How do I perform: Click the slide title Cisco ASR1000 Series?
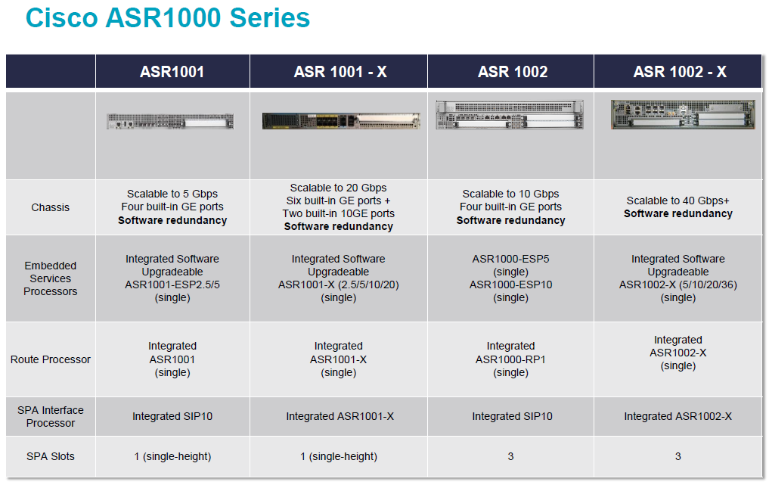pyautogui.click(x=168, y=18)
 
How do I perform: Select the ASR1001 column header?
pyautogui.click(x=172, y=72)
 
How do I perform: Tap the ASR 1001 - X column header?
pyautogui.click(x=340, y=72)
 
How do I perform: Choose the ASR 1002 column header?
pyautogui.click(x=513, y=72)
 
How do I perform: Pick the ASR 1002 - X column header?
pyautogui.click(x=680, y=72)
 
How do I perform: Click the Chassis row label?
pyautogui.click(x=51, y=207)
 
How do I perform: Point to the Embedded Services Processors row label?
pyautogui.click(x=51, y=278)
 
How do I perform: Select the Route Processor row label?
pyautogui.click(x=51, y=359)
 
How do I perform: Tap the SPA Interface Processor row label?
pyautogui.click(x=51, y=416)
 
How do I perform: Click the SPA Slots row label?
pyautogui.click(x=51, y=456)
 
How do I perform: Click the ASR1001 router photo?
pyautogui.click(x=170, y=121)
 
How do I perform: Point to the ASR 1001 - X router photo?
pyautogui.click(x=341, y=121)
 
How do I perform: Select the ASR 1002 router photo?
pyautogui.click(x=510, y=115)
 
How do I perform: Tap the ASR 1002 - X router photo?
pyautogui.click(x=683, y=114)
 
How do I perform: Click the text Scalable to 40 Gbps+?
pyautogui.click(x=678, y=201)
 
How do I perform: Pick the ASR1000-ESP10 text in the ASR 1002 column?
pyautogui.click(x=510, y=284)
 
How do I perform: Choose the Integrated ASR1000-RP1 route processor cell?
pyautogui.click(x=510, y=359)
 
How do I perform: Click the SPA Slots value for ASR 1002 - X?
pyautogui.click(x=678, y=456)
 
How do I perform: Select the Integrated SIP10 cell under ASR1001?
pyautogui.click(x=172, y=416)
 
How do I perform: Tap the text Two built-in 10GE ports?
pyautogui.click(x=339, y=213)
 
